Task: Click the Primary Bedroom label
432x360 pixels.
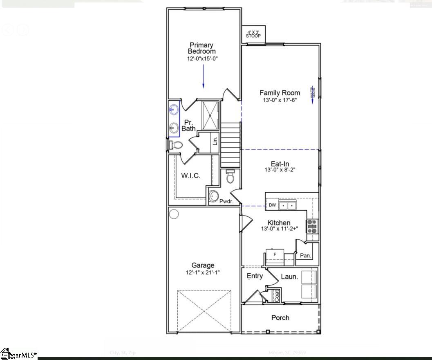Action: tap(201, 48)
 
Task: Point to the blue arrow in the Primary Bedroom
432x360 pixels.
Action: tap(203, 77)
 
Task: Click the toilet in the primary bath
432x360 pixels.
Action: tap(176, 145)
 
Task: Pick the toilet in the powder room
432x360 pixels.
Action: tap(230, 177)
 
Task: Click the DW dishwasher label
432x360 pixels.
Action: tap(272, 205)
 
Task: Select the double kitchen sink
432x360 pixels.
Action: tap(288, 205)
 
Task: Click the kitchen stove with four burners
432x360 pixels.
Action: tap(312, 226)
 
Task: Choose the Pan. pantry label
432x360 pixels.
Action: tap(305, 256)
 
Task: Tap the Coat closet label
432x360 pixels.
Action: tap(277, 296)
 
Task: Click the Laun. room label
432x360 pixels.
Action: tap(289, 277)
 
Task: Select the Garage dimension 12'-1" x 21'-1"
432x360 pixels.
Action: tap(203, 272)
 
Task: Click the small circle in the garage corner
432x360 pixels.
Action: tap(174, 214)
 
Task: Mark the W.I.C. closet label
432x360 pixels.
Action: tap(190, 175)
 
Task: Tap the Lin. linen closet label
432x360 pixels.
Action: tap(215, 141)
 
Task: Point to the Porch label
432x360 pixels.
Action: tap(280, 317)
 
